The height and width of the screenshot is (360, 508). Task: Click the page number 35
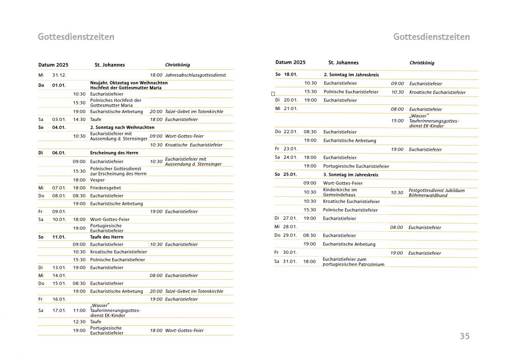[x=464, y=336]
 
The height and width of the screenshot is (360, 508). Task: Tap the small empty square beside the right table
[x=273, y=94]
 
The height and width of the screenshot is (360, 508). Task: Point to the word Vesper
[x=97, y=180]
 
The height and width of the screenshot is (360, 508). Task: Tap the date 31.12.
[x=59, y=75]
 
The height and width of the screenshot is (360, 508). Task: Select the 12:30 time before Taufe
[x=79, y=322]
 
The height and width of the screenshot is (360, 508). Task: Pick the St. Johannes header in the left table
[x=109, y=65]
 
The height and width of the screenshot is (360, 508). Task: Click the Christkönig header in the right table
[x=422, y=63]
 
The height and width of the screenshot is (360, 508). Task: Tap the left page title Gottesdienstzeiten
[x=76, y=37]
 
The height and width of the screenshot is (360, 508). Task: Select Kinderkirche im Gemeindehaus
[x=340, y=192]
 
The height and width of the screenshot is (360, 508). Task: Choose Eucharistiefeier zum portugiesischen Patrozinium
[x=353, y=262]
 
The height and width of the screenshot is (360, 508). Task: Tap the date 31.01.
[x=290, y=262]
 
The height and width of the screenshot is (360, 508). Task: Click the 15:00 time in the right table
[x=397, y=121]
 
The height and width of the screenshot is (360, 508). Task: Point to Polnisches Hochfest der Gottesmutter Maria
[x=115, y=102]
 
